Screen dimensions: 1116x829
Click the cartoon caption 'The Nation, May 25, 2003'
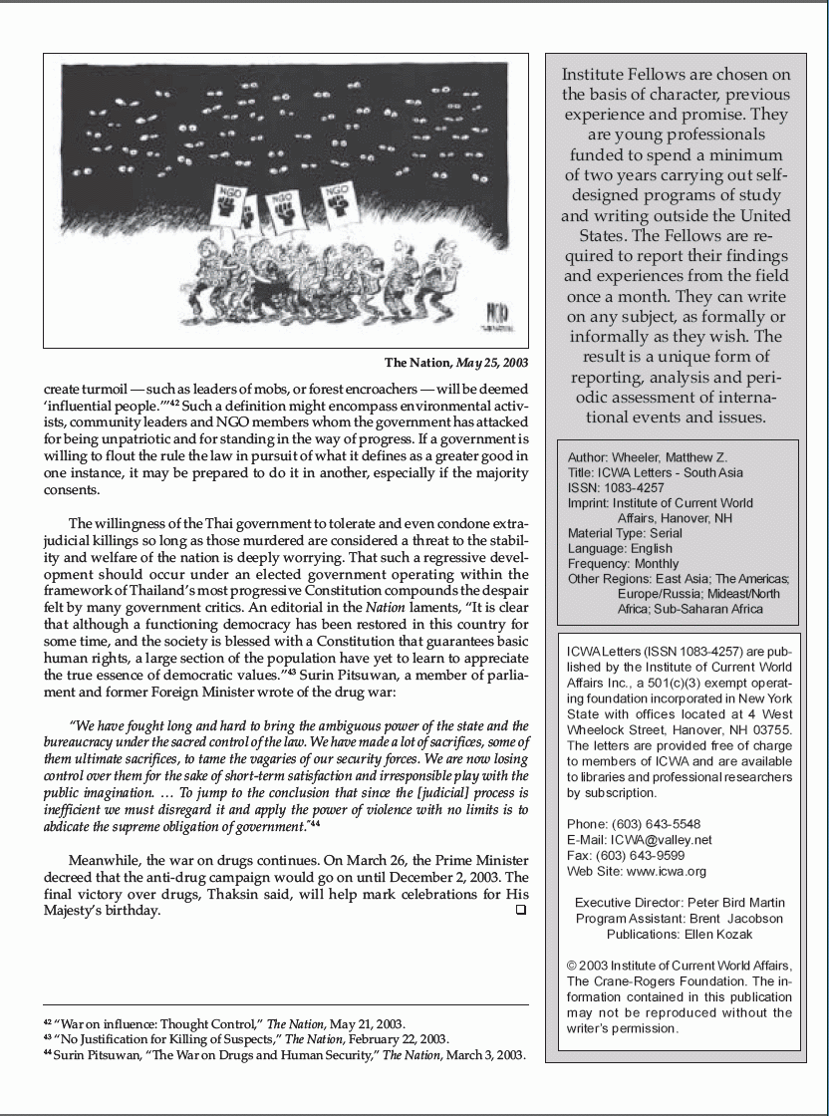pos(456,363)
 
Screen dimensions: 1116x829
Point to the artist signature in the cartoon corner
pos(495,319)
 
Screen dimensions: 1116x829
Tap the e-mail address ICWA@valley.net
pos(662,840)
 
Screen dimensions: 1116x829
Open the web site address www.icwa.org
pos(667,871)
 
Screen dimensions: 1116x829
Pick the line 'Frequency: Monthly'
pos(623,563)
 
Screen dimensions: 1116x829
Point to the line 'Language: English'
pos(620,548)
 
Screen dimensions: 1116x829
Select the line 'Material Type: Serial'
pos(628,533)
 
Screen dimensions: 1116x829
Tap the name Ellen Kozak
pos(718,934)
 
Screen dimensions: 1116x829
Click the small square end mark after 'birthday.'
pos(520,910)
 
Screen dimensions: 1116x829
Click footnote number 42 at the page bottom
pos(48,1022)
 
